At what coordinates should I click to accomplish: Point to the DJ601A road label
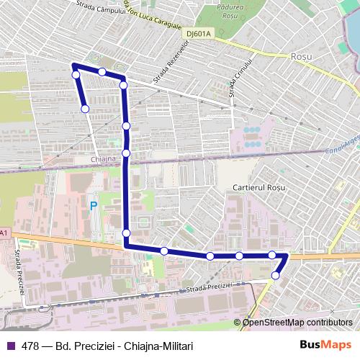[199, 32]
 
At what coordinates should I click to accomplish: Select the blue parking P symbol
[93, 206]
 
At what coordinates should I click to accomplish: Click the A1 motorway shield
[4, 233]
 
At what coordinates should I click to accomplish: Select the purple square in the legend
[11, 346]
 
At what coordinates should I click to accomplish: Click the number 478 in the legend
[30, 346]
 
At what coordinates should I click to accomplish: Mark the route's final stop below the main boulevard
[275, 275]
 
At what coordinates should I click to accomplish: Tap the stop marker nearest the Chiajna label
[126, 153]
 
